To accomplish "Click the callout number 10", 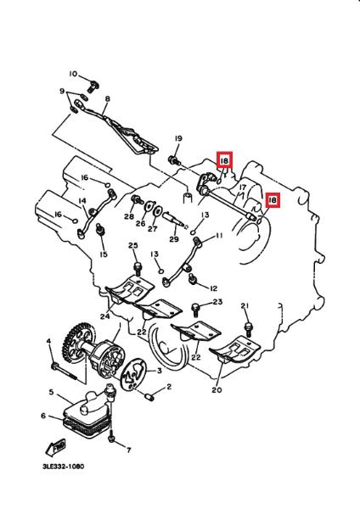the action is coord(73,74).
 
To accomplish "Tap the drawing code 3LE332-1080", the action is coord(64,467).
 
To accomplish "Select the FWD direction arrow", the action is coord(55,447).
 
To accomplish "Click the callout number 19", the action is coord(178,138).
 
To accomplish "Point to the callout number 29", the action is coord(174,239).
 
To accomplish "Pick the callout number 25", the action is coord(133,245).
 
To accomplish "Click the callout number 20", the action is coord(217,389).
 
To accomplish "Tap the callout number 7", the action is coord(129,450).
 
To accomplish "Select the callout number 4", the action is coord(48,341).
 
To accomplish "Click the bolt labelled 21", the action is coord(249,328).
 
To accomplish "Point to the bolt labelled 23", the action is coord(196,310).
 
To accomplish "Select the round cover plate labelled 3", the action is coord(133,372).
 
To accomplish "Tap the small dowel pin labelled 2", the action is coord(149,397).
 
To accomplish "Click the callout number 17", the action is coord(242,187).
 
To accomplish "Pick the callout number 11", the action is coord(219,235).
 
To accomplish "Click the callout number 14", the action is coord(82,201).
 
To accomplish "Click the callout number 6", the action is coord(43,416).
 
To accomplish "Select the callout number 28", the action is coord(129,216).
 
